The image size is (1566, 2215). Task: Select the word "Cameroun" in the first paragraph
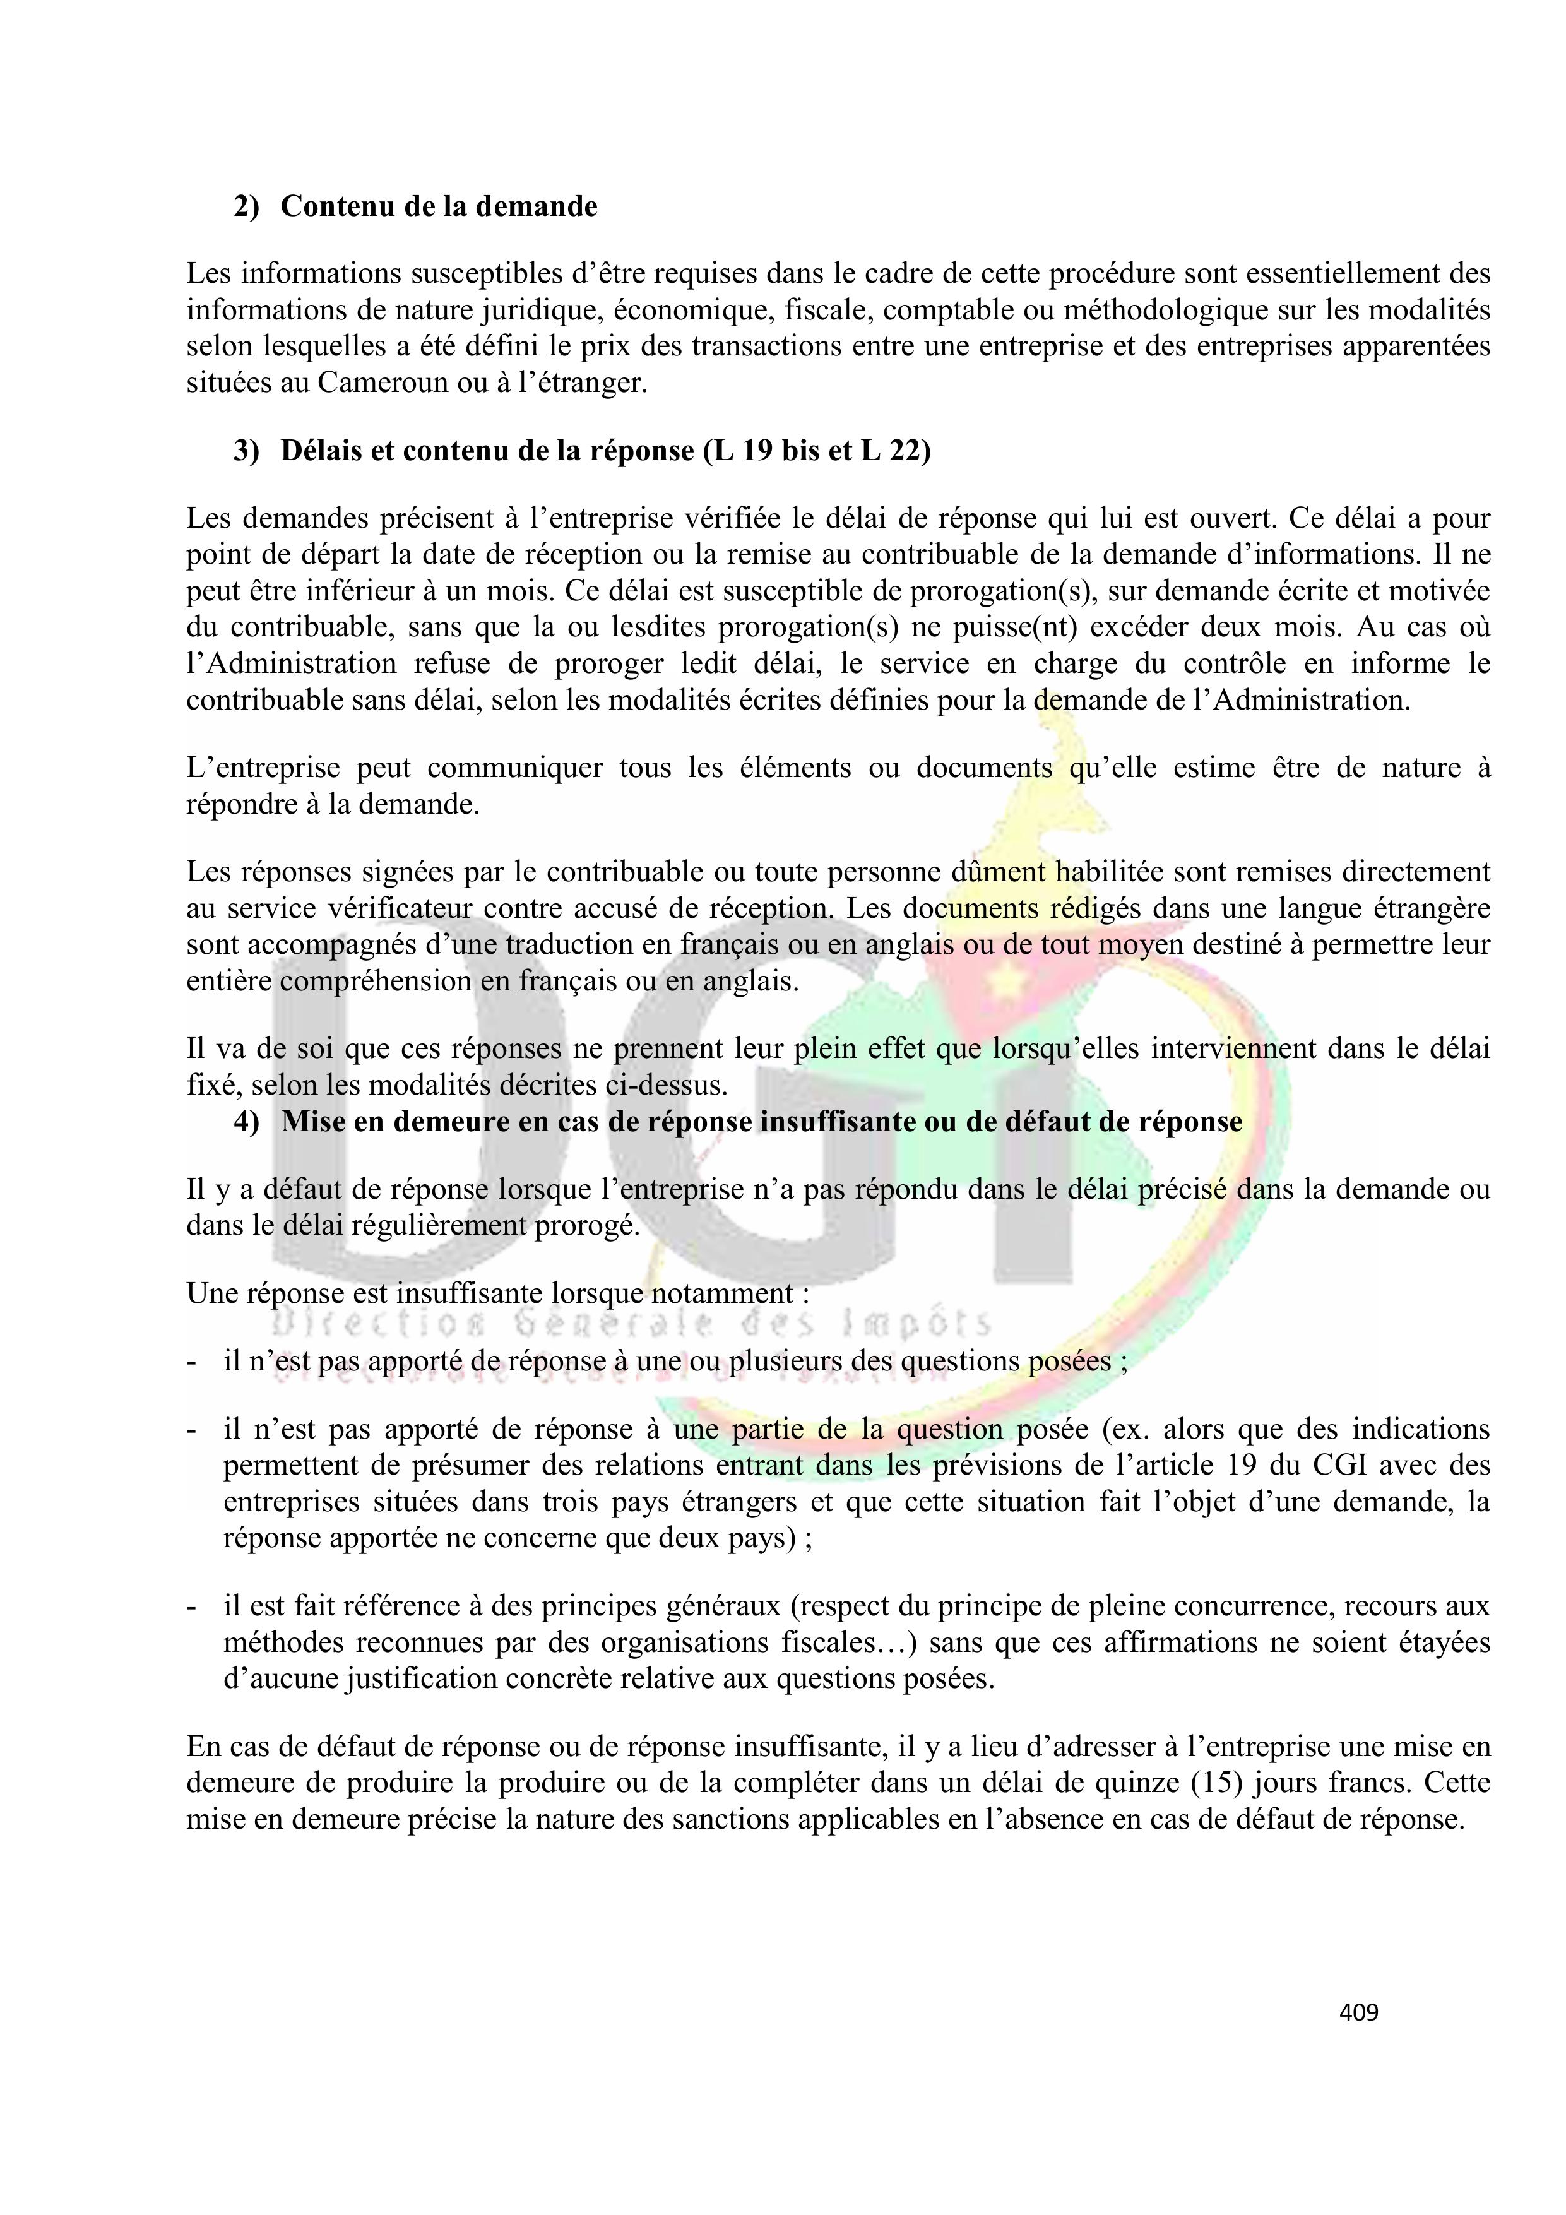pyautogui.click(x=382, y=383)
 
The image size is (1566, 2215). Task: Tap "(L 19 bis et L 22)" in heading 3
pyautogui.click(x=817, y=451)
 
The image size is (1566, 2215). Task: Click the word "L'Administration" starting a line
pyautogui.click(x=292, y=663)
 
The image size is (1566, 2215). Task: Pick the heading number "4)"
pyautogui.click(x=246, y=1122)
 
